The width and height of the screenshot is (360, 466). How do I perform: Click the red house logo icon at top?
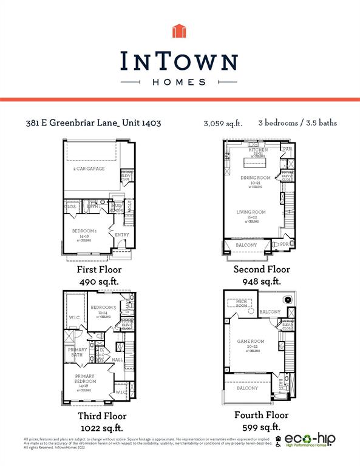click(x=180, y=31)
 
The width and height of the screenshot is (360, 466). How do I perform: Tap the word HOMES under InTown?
click(x=180, y=81)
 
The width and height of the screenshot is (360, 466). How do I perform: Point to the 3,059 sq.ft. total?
click(x=223, y=124)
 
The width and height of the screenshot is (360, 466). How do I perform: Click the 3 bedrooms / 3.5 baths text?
click(x=297, y=123)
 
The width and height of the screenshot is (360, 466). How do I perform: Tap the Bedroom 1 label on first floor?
click(x=85, y=231)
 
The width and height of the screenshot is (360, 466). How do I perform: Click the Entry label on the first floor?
click(x=121, y=235)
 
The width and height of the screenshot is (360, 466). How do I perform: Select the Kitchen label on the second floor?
click(x=258, y=150)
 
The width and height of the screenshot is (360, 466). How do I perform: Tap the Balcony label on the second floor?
click(x=246, y=245)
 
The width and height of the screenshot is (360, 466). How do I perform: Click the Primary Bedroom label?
click(x=85, y=378)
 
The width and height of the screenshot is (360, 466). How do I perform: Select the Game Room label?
click(x=249, y=342)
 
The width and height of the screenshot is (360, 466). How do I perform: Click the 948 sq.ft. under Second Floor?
click(x=262, y=282)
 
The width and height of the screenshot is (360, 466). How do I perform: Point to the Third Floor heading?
click(x=102, y=416)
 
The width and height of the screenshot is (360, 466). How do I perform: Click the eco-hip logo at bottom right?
click(x=309, y=440)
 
